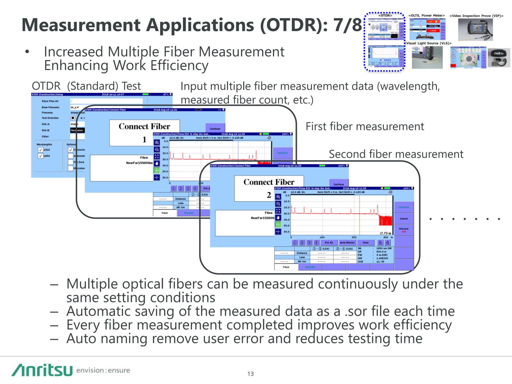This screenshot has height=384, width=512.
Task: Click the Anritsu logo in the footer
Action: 42,370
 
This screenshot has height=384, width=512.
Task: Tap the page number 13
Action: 250,374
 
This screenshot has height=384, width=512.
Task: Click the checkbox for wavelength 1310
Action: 40,150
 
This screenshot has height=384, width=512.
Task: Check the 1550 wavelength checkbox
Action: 40,156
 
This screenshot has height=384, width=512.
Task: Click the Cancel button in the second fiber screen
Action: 404,219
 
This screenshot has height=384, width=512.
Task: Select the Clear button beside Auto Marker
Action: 366,243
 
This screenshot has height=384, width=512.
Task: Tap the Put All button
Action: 329,243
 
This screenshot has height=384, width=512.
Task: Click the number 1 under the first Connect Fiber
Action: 144,139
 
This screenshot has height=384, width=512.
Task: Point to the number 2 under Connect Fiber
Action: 269,195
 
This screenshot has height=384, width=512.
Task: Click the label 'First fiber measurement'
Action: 365,126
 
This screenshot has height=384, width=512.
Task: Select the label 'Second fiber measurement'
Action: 396,154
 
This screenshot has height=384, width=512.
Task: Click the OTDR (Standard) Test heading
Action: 86,86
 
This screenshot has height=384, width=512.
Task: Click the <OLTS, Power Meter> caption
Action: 426,16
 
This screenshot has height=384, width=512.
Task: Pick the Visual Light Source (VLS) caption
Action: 429,43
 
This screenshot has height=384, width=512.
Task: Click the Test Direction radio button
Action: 73,118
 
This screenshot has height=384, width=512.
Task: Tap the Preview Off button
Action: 404,230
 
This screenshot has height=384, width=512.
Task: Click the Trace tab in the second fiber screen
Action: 286,267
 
